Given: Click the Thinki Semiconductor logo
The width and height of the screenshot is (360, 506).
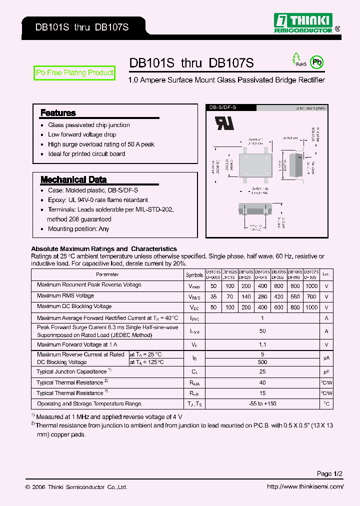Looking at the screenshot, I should [x=304, y=23].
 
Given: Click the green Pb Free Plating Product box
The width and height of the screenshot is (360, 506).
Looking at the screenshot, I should [x=74, y=73].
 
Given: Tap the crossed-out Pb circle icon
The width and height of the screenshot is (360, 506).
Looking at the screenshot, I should [x=316, y=62].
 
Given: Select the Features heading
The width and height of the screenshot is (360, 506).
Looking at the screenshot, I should [x=58, y=113].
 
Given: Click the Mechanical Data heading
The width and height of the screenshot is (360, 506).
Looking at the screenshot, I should [x=73, y=179].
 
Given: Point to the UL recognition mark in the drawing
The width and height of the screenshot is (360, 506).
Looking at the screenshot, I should [x=224, y=123].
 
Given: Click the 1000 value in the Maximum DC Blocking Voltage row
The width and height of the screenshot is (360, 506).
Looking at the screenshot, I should [x=311, y=307].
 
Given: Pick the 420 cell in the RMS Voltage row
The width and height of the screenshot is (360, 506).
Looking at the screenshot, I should [x=278, y=296].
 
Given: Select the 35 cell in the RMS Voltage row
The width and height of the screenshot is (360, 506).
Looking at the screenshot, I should [x=213, y=296].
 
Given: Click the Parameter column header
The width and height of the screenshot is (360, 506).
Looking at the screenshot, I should [x=107, y=274].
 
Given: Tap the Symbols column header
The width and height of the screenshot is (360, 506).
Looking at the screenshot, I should [x=194, y=275].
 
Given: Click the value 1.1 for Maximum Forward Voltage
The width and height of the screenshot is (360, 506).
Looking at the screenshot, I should [x=262, y=344].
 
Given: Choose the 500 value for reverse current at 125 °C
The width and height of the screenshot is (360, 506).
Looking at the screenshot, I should [x=262, y=361].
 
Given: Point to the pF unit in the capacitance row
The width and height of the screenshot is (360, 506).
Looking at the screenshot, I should [x=326, y=372].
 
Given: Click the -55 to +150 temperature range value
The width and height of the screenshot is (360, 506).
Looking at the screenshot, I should [x=262, y=403].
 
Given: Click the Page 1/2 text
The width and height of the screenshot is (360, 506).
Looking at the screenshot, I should [x=329, y=473].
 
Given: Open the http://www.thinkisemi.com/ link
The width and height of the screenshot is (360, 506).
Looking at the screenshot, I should [x=305, y=487].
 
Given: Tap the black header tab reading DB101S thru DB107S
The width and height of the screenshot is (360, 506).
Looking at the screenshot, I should [x=82, y=27].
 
